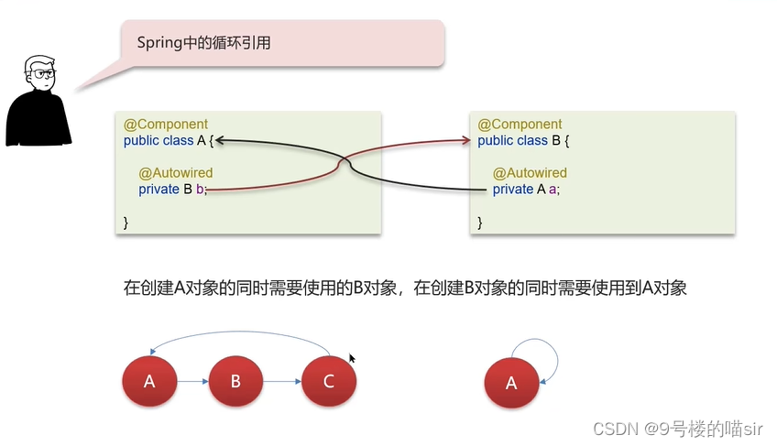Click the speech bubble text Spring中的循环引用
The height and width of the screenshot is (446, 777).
coord(204,42)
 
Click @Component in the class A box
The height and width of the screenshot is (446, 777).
coord(166,124)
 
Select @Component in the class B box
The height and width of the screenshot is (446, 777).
coord(520,124)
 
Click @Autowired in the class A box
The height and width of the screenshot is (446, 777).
coord(176,172)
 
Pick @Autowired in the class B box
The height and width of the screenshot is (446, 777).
coord(530,172)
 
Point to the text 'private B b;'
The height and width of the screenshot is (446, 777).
coord(173,190)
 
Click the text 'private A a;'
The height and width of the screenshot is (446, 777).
coord(526,190)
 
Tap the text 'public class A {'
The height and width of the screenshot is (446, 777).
coord(169,140)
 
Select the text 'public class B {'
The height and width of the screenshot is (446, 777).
coord(523,140)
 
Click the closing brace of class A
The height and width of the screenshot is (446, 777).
coord(126,223)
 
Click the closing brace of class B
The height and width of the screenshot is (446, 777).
coord(480,223)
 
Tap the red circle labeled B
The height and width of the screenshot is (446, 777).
coord(235,380)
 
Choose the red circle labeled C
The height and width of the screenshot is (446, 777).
coord(329,380)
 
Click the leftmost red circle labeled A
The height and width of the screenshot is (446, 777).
coord(149,380)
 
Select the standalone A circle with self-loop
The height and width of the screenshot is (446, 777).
coord(510,383)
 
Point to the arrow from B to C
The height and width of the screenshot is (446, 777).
coord(282,380)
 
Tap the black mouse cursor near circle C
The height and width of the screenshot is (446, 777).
coord(353,360)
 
